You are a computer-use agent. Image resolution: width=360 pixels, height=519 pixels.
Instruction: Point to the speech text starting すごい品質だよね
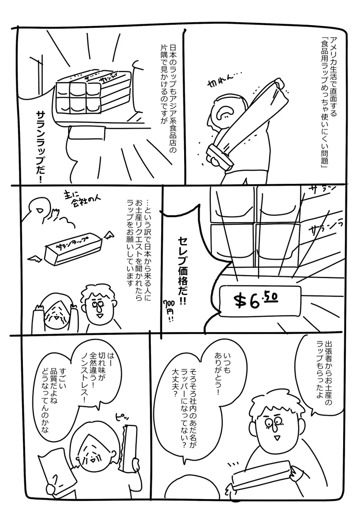click(x=55, y=398)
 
